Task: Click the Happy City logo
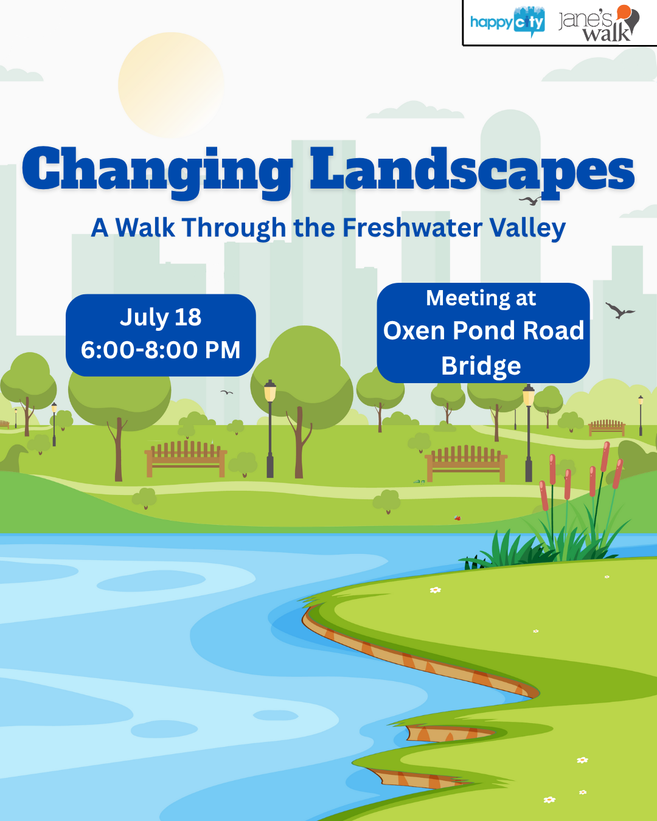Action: [x=507, y=22]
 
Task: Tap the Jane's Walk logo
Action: [x=599, y=24]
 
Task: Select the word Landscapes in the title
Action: [x=472, y=173]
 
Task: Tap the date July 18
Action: [x=161, y=317]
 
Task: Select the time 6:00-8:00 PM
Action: [x=161, y=350]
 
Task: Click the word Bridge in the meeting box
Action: [x=481, y=366]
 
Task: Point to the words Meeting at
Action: [x=481, y=298]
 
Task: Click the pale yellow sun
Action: [x=171, y=85]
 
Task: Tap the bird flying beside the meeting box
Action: [x=619, y=311]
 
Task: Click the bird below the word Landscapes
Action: [x=530, y=201]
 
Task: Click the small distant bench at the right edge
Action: [x=607, y=428]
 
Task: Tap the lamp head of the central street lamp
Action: [x=270, y=391]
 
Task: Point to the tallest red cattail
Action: [x=605, y=457]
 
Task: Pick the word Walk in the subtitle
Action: [x=145, y=228]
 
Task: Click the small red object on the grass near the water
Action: [x=457, y=518]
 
